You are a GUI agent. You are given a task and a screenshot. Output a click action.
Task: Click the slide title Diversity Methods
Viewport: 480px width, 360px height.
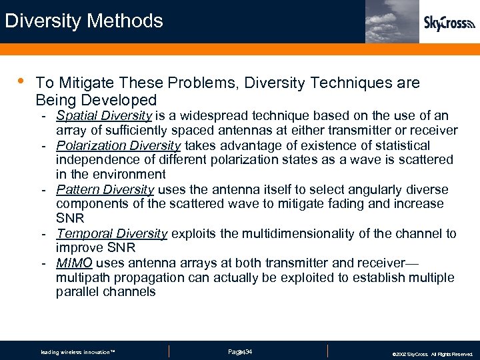coord(84,21)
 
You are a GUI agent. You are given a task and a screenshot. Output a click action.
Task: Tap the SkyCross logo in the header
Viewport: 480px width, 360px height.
coord(449,23)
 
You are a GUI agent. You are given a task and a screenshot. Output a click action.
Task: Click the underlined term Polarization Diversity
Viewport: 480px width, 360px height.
coord(118,145)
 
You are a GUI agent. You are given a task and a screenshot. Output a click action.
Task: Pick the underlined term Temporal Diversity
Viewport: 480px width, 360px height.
coord(111,233)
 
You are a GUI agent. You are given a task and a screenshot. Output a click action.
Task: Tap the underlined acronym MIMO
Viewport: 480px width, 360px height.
coord(74,263)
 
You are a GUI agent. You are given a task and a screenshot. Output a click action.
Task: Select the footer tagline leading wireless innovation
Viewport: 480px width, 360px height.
coord(78,352)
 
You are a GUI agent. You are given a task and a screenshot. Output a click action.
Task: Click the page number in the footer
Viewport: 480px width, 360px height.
coord(239,351)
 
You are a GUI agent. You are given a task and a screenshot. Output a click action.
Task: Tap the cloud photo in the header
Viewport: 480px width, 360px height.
coord(392,21)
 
